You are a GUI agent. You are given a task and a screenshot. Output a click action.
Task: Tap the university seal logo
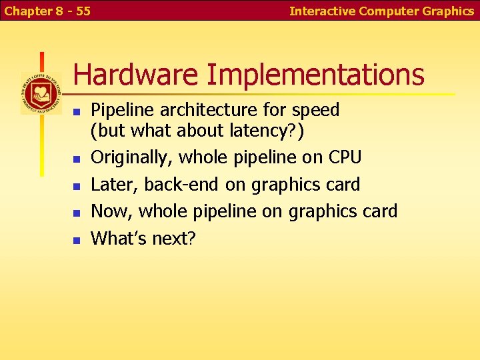point(41,93)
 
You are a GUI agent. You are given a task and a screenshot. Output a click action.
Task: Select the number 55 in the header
point(83,11)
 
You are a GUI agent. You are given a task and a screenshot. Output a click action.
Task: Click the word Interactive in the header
point(323,11)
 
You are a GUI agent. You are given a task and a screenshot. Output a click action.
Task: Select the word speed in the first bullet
point(319,110)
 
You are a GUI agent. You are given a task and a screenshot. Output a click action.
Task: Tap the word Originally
point(129,157)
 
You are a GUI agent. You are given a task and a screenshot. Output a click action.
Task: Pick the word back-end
point(182,184)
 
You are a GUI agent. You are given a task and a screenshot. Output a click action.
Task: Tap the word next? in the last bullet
point(173,238)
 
